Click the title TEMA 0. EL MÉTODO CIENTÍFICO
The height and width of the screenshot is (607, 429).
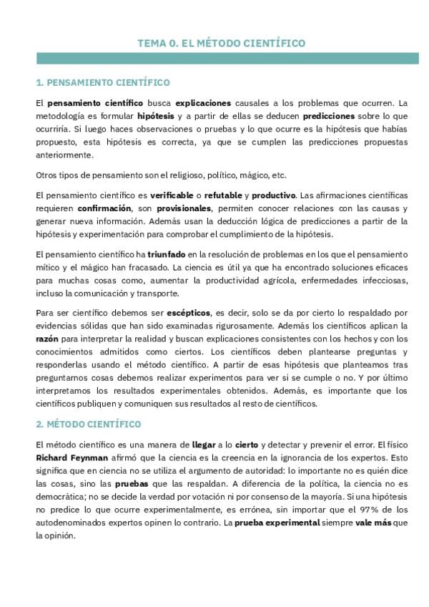coord(221,44)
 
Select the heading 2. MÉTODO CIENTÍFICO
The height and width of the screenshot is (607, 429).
coord(89,424)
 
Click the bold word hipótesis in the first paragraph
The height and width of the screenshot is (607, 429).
coord(155,115)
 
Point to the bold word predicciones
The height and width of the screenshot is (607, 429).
coord(329,115)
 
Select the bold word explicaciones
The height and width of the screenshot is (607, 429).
coord(204,102)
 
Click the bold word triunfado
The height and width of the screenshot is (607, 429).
coord(167,254)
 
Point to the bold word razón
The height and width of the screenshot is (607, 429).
coord(46,339)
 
